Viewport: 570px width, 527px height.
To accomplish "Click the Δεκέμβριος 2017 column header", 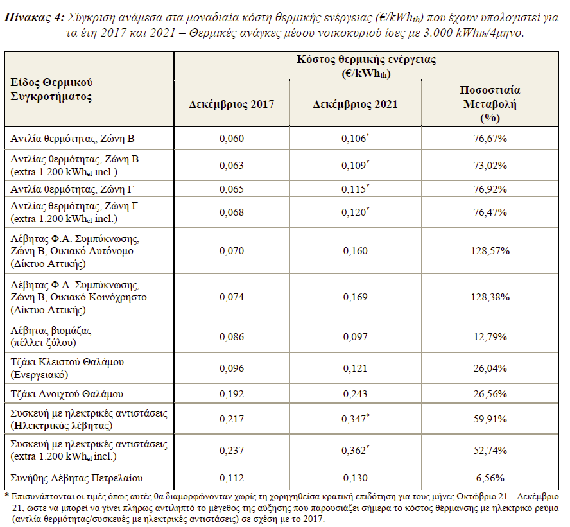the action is click(232, 105).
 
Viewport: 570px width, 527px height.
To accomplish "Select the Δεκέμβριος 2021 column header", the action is click(355, 105).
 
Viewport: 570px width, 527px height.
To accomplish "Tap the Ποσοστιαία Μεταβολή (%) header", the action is click(490, 104).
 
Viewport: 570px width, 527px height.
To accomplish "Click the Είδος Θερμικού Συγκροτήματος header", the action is click(51, 89).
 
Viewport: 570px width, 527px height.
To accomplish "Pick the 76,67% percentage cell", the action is click(490, 139).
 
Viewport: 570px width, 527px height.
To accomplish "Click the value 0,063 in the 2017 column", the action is click(232, 166).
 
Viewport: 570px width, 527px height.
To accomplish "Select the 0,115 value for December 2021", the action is click(355, 189).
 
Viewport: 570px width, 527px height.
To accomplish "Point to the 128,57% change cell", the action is click(490, 251).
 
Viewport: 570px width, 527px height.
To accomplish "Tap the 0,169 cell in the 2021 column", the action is click(355, 297).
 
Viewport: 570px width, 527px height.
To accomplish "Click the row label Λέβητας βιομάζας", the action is click(51, 331).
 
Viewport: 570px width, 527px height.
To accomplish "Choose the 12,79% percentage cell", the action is click(490, 336).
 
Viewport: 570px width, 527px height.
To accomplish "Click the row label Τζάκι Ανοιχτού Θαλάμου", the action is click(67, 394).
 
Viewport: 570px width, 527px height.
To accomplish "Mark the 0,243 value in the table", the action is click(355, 394).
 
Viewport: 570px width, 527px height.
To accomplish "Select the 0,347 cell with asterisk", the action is click(355, 419).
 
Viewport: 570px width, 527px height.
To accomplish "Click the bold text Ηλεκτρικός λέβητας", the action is click(62, 426).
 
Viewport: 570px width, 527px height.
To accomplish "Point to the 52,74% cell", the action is click(490, 451).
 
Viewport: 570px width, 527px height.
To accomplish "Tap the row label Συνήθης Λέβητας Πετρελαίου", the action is click(76, 478).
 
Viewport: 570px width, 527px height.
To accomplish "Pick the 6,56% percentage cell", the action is click(490, 478).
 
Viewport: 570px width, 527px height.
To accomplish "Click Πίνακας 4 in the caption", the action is click(34, 17).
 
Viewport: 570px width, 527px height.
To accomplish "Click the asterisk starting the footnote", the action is click(6, 496).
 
